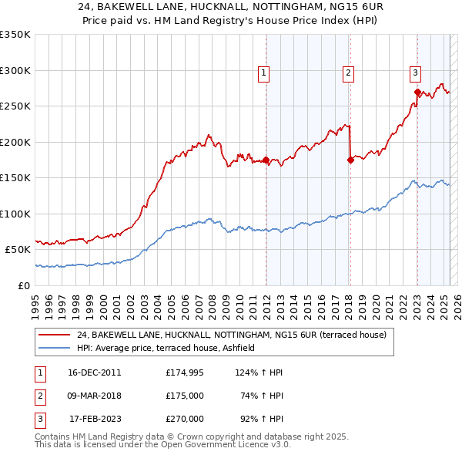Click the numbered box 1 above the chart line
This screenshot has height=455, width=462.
tap(263, 73)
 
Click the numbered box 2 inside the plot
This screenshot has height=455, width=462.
tap(348, 73)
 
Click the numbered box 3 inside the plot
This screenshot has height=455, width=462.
tap(415, 73)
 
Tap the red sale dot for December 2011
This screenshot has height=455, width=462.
tap(266, 160)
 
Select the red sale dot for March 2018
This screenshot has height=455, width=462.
tap(350, 160)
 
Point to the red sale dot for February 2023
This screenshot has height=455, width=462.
tap(417, 93)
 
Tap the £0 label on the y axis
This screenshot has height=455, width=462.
tap(23, 285)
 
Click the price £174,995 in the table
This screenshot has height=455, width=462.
tap(185, 372)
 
